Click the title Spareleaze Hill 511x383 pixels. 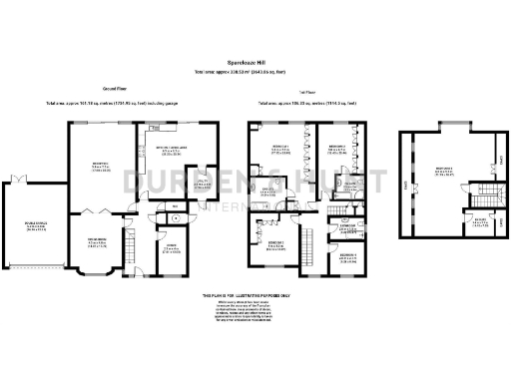click(255, 62)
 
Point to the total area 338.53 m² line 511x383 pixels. click(255, 72)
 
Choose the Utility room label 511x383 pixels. click(201, 185)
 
